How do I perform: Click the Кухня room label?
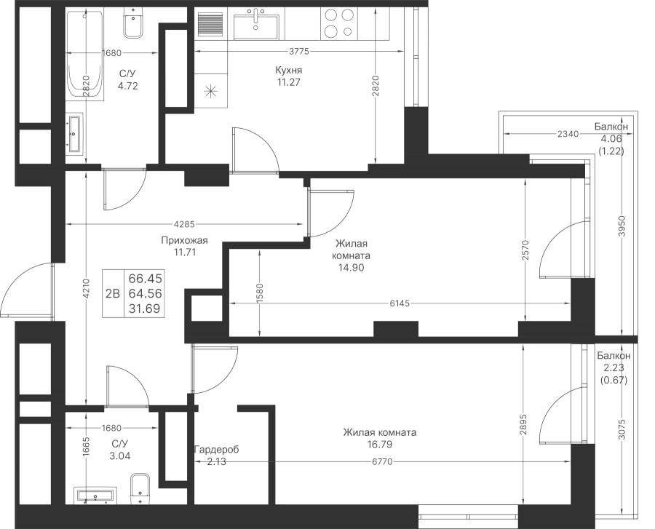click(288, 70)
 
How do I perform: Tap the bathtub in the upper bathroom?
click(85, 55)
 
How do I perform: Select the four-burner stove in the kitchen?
click(339, 23)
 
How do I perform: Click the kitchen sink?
click(256, 27)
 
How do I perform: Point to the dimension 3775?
click(299, 52)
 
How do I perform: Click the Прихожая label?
click(184, 241)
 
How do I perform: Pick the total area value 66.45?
click(146, 278)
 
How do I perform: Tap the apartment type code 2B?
click(113, 294)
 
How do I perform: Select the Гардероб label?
click(216, 450)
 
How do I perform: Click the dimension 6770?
click(382, 462)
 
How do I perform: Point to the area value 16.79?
click(379, 445)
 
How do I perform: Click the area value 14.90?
click(352, 267)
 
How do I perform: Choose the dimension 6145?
click(400, 303)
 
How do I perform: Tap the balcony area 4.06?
click(611, 139)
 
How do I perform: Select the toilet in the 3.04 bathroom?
click(140, 489)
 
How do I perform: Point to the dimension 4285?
click(184, 224)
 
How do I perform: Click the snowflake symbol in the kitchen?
click(211, 90)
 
